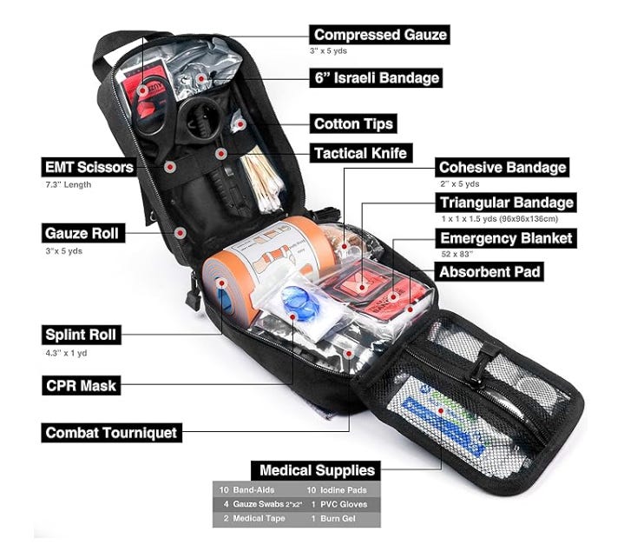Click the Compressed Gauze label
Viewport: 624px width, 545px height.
click(x=380, y=35)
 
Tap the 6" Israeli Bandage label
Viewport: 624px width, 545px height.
click(x=376, y=78)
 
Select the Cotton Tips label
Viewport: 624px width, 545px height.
click(x=353, y=123)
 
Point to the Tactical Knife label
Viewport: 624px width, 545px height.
click(x=359, y=154)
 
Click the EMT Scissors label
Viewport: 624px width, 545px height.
click(x=89, y=166)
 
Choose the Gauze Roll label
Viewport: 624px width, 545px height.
click(x=82, y=233)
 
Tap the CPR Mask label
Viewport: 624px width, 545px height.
click(x=80, y=384)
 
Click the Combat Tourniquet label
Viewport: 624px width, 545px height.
click(x=110, y=432)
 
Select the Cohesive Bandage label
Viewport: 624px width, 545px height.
click(x=502, y=167)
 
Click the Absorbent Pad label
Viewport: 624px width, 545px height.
click(x=490, y=272)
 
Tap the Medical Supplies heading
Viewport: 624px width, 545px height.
click(x=318, y=471)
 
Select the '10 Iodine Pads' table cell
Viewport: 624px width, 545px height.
click(x=338, y=489)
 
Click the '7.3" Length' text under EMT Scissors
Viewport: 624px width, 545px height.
click(x=68, y=184)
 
